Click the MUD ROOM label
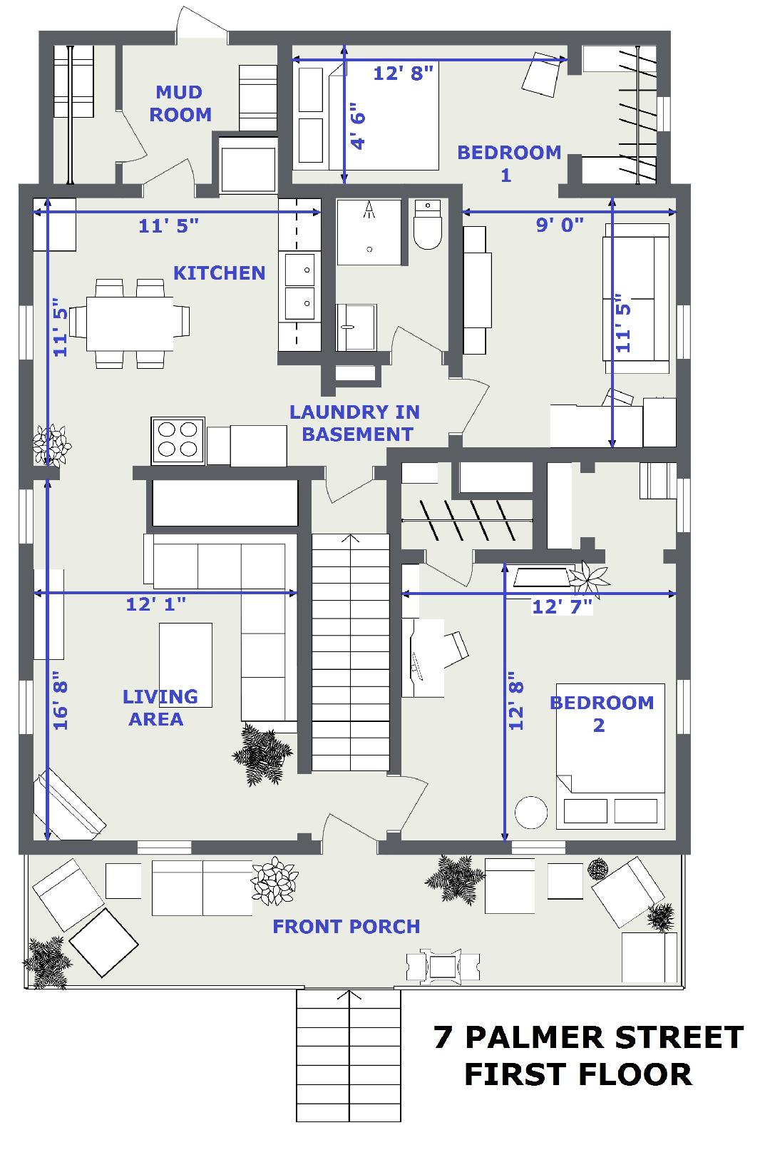pos(180,103)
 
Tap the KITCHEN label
pos(219,273)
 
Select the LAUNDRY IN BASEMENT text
pos(355,424)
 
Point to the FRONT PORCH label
pos(346,927)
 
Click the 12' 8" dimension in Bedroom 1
pos(404,73)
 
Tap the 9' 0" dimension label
pos(560,225)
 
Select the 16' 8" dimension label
pos(61,701)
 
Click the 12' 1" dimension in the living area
pos(156,604)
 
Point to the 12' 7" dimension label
pos(563,607)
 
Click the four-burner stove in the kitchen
pos(178,440)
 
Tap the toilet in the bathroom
pos(428,225)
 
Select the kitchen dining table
pos(130,323)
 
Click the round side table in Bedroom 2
pos(531,812)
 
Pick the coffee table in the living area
pos(185,665)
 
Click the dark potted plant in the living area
pos(262,754)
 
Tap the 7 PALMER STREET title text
pos(588,1037)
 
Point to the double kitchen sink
pos(299,287)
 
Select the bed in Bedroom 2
pos(610,756)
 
